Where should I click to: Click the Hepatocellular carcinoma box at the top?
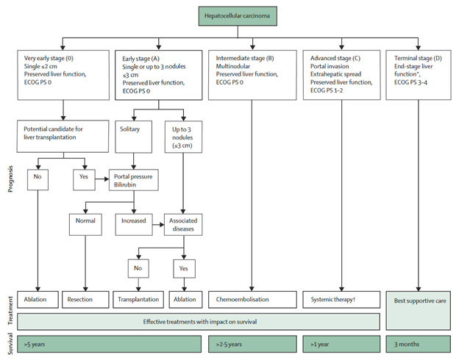coord(238,16)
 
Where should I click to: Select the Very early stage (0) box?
coord(63,75)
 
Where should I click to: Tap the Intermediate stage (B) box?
coord(252,75)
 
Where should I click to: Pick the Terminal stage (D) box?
coord(418,75)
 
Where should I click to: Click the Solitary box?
coord(133,137)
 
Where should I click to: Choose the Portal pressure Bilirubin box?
coord(134,180)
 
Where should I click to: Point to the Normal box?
coord(85,225)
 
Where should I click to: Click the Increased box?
coord(134,225)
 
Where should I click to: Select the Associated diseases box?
coord(183,225)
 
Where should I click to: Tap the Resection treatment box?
coord(85,300)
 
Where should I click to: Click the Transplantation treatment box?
coord(138,300)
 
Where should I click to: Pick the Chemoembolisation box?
coord(252,300)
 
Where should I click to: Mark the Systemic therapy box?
coord(341,300)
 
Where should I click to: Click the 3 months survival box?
coord(418,345)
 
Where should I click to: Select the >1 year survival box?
coord(341,345)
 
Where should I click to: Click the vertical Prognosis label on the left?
coord(10,179)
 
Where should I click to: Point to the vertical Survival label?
coord(10,344)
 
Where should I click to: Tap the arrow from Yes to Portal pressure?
coord(102,179)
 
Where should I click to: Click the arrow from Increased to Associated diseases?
coord(158,225)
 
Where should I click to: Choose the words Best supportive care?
coord(420,301)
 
